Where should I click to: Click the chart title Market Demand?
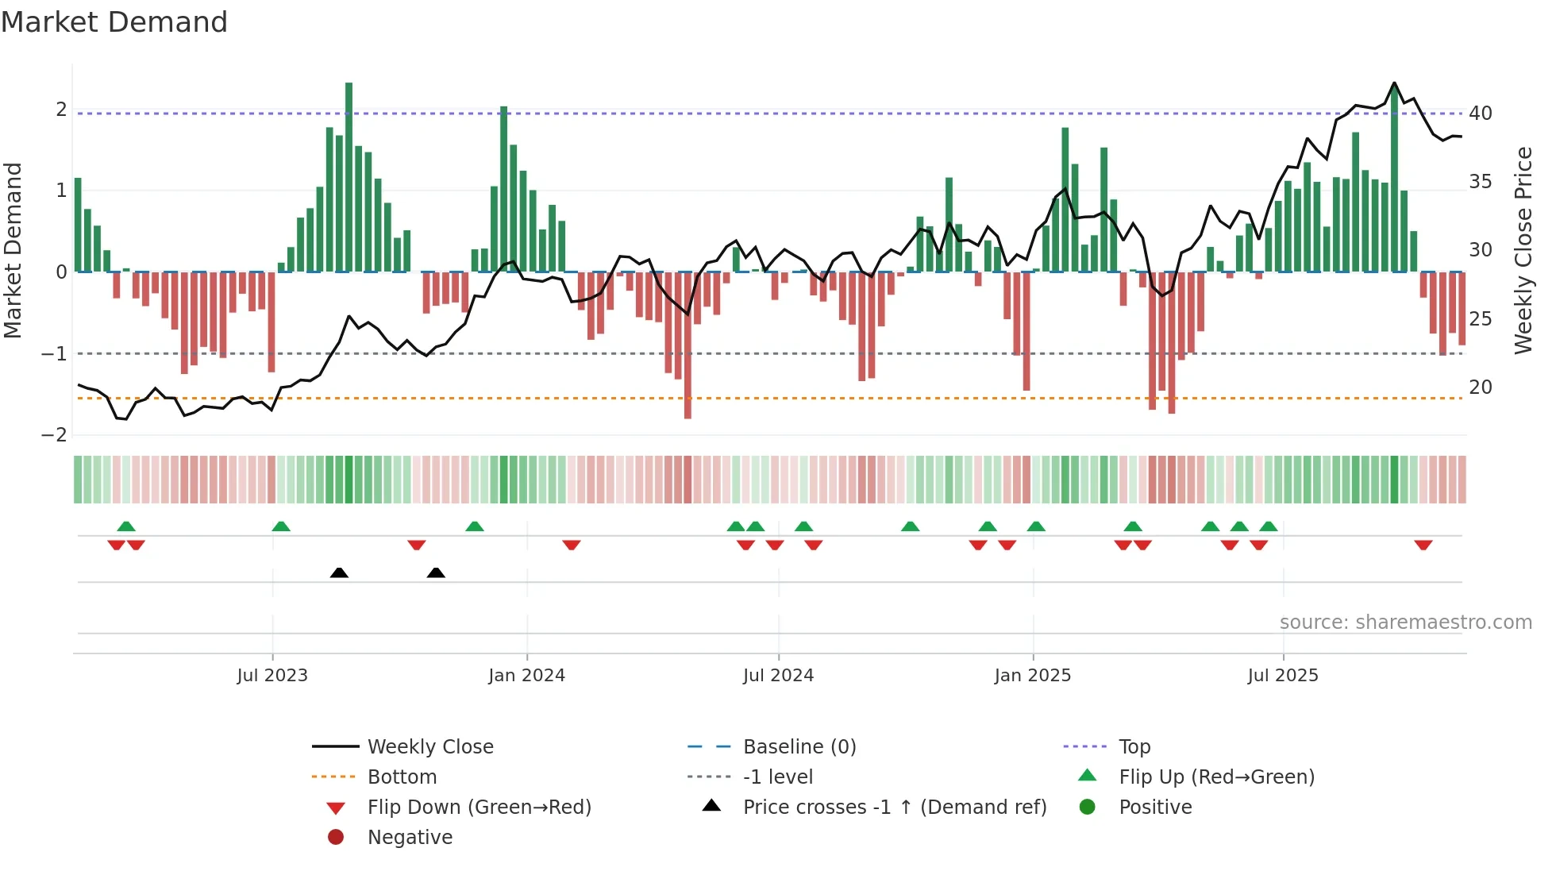[x=114, y=22]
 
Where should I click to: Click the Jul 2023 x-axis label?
[x=272, y=676]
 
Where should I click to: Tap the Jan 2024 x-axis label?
[x=526, y=676]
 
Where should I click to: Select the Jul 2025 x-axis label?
[x=1282, y=676]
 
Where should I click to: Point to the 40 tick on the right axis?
[x=1480, y=114]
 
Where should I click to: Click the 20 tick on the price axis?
[x=1480, y=387]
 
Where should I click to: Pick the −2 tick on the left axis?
[x=55, y=435]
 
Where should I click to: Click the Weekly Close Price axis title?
[x=1523, y=250]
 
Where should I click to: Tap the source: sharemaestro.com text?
[x=1405, y=623]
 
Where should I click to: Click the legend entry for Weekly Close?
[x=429, y=747]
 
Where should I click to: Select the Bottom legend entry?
[x=402, y=777]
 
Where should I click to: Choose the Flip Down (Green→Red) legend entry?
[x=479, y=808]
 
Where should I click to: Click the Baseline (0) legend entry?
[x=799, y=747]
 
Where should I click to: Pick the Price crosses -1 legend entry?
[x=894, y=808]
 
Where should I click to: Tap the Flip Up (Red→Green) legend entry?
[x=1216, y=777]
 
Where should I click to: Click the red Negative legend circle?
[x=336, y=838]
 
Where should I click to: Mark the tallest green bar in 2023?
[x=349, y=176]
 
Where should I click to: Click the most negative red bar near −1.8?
[x=687, y=345]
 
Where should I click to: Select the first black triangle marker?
[x=339, y=572]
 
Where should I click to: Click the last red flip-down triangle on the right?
[x=1423, y=545]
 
